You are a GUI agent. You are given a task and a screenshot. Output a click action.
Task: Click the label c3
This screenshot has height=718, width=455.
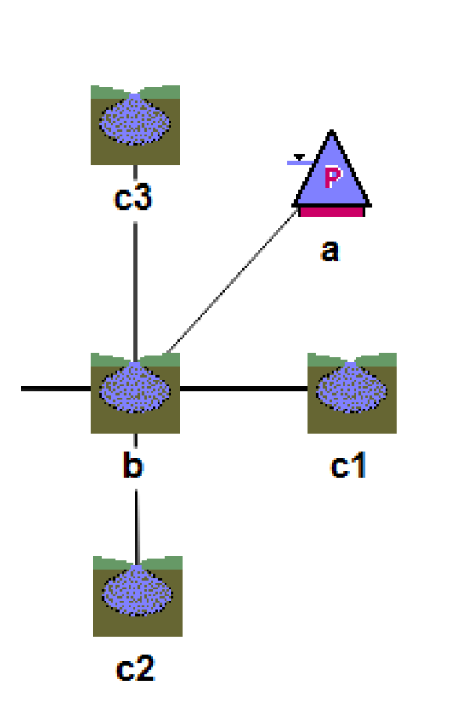click(133, 198)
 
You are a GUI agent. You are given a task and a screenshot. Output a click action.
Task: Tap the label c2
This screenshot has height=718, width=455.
click(135, 668)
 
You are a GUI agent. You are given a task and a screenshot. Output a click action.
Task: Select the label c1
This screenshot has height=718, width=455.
click(348, 466)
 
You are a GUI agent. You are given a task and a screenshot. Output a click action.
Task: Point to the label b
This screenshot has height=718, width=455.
click(133, 464)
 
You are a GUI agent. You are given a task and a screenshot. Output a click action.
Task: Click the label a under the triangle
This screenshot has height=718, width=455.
click(330, 251)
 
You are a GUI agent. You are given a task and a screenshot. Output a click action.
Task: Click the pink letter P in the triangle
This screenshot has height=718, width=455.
click(332, 177)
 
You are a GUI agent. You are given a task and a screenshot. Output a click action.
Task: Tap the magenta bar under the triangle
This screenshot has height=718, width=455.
click(332, 212)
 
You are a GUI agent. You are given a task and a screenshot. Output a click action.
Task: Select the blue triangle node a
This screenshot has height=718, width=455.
click(332, 173)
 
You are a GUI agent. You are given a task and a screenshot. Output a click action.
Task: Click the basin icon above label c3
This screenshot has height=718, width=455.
click(135, 125)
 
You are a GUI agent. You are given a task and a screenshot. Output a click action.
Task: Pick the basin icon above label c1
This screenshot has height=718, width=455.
click(351, 393)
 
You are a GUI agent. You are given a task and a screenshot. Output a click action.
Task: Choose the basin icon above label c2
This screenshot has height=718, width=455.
click(137, 595)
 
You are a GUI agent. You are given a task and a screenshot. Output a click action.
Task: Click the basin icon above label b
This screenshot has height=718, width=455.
click(135, 393)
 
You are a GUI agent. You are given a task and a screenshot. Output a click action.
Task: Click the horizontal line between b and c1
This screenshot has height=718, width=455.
click(243, 389)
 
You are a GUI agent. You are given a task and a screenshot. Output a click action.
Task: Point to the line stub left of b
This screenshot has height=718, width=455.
click(56, 389)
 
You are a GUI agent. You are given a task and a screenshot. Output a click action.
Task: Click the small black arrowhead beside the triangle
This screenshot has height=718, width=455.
click(299, 158)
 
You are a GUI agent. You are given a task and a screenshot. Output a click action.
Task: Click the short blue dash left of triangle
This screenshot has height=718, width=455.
click(300, 163)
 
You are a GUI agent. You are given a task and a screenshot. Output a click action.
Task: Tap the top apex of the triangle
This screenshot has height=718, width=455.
click(332, 130)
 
